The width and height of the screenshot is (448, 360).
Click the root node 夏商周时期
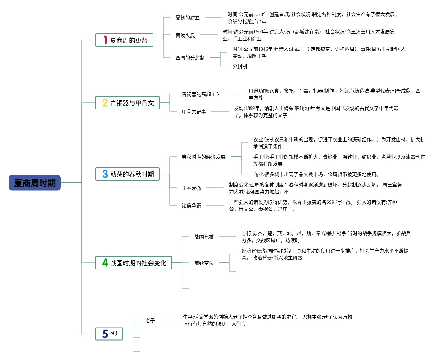point(35,183)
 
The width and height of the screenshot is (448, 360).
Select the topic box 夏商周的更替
point(124,40)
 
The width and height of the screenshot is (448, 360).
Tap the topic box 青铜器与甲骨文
point(127,103)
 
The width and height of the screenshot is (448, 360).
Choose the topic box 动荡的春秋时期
point(127,174)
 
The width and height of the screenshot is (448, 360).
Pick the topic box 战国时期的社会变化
point(133,263)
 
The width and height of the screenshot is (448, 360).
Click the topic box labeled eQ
point(109,334)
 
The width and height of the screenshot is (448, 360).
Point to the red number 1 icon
point(105,40)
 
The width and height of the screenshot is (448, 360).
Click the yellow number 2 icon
point(105,103)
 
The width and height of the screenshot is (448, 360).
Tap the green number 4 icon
point(105,263)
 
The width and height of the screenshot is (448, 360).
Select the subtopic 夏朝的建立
point(187,18)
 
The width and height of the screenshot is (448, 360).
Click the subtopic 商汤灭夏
point(185,35)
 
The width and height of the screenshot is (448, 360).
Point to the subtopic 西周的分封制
point(190,58)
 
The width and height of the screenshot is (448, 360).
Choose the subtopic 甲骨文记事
point(194,112)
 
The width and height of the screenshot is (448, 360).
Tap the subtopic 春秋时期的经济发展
point(204,157)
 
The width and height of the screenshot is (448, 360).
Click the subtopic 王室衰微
point(192,188)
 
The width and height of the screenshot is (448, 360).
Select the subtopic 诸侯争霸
point(192,206)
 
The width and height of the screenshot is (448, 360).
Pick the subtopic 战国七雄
point(204,237)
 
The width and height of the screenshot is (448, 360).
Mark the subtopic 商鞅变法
point(204,263)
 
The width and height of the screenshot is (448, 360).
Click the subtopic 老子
point(150,320)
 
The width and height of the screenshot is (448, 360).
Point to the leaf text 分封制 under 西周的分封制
point(240,66)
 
